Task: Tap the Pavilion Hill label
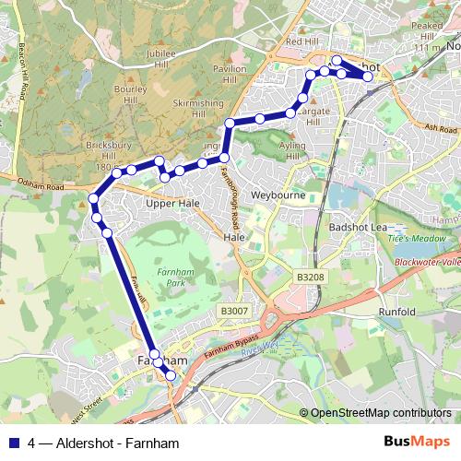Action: (230, 75)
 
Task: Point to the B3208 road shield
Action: (311, 277)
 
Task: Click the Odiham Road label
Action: (34, 184)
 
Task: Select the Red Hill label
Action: (301, 42)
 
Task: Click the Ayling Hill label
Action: (291, 151)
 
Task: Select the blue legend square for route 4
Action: (14, 442)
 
